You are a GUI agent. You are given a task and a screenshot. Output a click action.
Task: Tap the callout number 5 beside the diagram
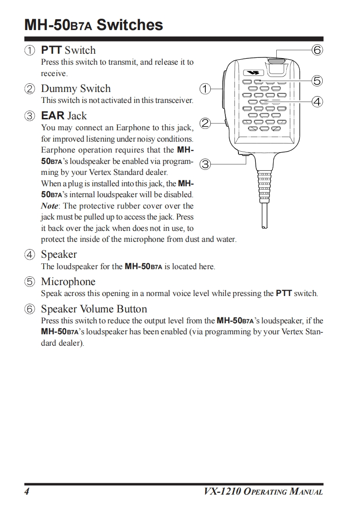point(317,81)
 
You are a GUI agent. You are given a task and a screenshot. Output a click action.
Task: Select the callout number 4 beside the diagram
point(317,101)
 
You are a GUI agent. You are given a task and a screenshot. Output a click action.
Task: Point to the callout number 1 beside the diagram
point(205,88)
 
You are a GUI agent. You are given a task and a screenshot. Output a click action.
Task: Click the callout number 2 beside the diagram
point(205,123)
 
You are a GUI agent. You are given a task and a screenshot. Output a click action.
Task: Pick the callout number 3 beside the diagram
point(205,164)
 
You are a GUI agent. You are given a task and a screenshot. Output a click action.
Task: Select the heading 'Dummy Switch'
point(76,88)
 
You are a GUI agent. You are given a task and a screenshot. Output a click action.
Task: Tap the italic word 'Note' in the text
point(50,206)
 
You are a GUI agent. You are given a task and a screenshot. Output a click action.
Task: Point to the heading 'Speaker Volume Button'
point(94,309)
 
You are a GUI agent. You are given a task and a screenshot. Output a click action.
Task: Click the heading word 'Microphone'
point(68,282)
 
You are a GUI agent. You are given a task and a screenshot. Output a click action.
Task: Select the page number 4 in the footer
point(27,492)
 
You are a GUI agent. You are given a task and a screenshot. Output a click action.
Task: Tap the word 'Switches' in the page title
point(130,25)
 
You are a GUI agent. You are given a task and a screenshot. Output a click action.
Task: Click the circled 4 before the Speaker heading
point(30,255)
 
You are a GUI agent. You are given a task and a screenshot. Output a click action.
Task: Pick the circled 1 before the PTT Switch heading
point(30,51)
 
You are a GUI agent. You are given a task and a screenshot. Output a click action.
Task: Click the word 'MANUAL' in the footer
point(306,492)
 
